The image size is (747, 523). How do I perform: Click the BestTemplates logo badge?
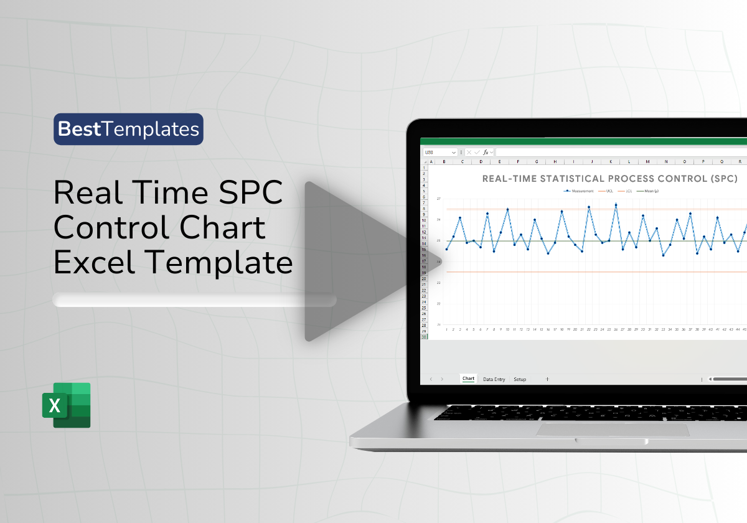[x=128, y=129]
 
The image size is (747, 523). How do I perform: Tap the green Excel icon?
[x=67, y=405]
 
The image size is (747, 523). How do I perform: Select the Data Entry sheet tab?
[x=494, y=379]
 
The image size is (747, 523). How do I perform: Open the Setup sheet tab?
[x=520, y=379]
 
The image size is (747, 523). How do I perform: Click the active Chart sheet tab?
[x=468, y=379]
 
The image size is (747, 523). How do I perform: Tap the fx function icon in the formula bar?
[x=486, y=152]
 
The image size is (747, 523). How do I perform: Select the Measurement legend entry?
[x=578, y=191]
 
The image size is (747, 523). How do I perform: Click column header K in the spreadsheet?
[x=611, y=161]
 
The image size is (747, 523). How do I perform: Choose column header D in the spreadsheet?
[x=481, y=161]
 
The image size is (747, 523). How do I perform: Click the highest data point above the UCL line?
[x=616, y=204]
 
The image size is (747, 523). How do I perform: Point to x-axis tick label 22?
[x=589, y=329]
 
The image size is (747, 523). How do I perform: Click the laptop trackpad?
[x=613, y=430]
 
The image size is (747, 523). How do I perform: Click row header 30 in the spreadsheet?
[x=425, y=337]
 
